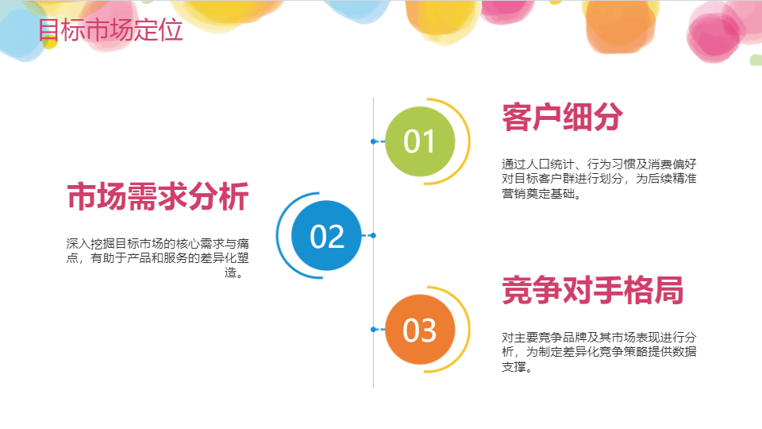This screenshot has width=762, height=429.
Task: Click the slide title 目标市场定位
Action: [110, 30]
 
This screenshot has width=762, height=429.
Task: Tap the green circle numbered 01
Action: [420, 141]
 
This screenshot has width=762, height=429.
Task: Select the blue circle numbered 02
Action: [326, 235]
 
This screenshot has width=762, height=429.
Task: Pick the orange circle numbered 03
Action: [420, 329]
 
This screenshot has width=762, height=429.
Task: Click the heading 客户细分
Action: [562, 118]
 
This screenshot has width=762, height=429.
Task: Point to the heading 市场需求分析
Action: [158, 196]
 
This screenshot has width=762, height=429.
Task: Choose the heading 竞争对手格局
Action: [593, 291]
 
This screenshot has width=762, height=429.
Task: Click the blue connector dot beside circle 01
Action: [373, 141]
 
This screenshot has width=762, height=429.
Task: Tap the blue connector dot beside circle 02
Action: [373, 235]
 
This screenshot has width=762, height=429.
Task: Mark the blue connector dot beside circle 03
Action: [373, 329]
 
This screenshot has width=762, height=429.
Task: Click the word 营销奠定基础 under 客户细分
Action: [538, 194]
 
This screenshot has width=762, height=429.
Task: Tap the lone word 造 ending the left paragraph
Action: [230, 272]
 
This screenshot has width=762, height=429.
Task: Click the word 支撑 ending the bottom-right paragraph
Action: [514, 367]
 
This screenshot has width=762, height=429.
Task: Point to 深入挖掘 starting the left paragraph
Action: [90, 243]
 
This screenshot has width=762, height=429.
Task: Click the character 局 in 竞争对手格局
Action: [668, 291]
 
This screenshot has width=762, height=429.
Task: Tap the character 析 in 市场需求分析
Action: [234, 196]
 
